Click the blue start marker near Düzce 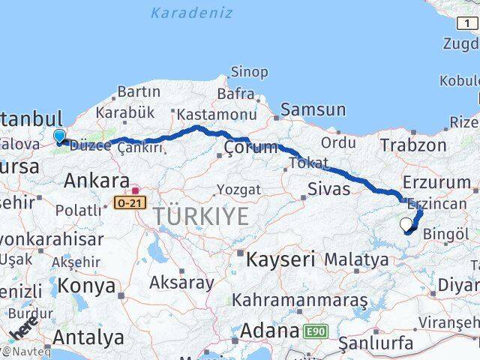(59, 136)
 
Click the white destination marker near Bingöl (406, 223)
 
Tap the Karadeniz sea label (191, 13)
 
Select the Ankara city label (96, 180)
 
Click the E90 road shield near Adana (316, 331)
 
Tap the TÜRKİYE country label (200, 217)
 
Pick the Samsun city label (314, 109)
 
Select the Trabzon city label (413, 145)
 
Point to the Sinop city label (248, 72)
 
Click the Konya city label (88, 286)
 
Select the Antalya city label (89, 337)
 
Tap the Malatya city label (356, 260)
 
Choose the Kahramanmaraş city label (299, 300)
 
